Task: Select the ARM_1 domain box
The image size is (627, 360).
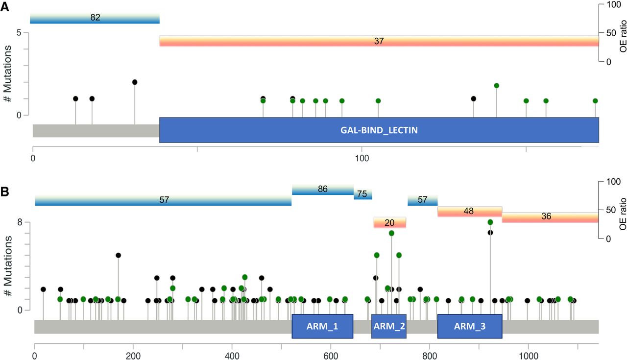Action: coord(322,326)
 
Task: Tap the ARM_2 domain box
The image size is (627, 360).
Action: coord(389,326)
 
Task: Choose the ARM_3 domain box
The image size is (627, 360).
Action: coord(469,326)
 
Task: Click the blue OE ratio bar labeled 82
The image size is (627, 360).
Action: coord(95,18)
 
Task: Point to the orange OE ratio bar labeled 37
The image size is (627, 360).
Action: coord(379,42)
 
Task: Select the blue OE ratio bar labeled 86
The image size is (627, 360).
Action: coord(322,189)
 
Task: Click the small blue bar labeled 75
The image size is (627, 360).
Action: coord(362,194)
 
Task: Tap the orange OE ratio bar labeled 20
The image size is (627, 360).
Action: coord(389,223)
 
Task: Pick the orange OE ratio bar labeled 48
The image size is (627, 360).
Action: coord(469,212)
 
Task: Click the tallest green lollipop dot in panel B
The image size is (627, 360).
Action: coord(490,222)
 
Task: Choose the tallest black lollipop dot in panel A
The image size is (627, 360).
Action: coord(135,82)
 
